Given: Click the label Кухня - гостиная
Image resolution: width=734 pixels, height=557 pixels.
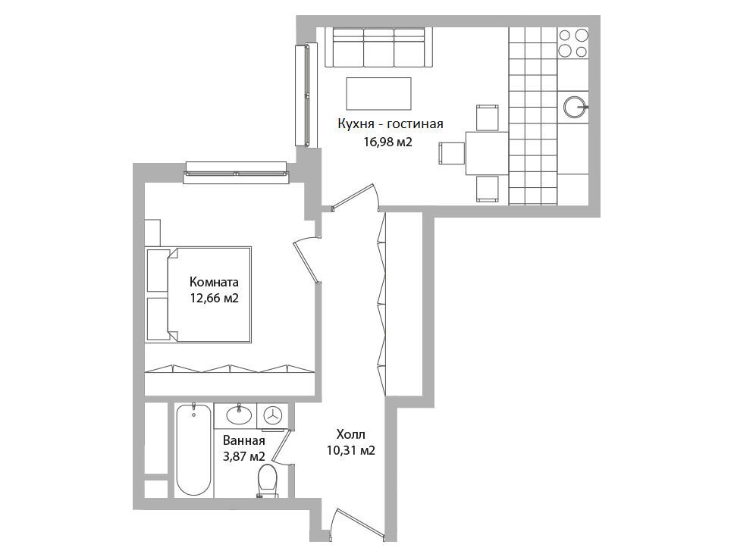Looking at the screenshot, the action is (x=391, y=124).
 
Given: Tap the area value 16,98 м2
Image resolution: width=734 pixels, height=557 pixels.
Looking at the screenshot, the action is (x=387, y=142).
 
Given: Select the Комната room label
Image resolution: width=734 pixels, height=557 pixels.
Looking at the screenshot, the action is (x=214, y=282).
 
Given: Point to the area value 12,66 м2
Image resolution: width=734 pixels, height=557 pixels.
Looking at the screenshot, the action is (x=215, y=298).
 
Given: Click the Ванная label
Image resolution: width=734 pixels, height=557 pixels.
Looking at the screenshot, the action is (x=244, y=440).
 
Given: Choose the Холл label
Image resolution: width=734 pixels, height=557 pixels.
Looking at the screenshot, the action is (x=350, y=434).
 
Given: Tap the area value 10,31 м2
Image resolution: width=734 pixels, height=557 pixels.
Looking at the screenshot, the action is (x=351, y=450).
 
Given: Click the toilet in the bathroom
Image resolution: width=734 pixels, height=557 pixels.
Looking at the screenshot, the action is (x=268, y=481).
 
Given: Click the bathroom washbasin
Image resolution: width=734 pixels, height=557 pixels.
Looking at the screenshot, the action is (x=239, y=415).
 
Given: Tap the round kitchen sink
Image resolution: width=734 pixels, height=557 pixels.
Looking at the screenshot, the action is (x=574, y=107).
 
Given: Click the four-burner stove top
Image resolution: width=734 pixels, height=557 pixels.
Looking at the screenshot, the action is (x=573, y=43).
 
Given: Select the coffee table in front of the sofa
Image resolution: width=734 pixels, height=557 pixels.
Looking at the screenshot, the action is (x=378, y=93).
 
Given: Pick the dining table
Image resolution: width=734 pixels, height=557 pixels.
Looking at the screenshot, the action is (x=487, y=153).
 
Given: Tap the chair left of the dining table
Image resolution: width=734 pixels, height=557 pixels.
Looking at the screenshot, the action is (x=452, y=153).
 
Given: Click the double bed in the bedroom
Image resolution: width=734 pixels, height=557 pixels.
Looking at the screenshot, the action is (x=199, y=295).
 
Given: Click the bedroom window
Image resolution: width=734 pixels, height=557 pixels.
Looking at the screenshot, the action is (x=237, y=173).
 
